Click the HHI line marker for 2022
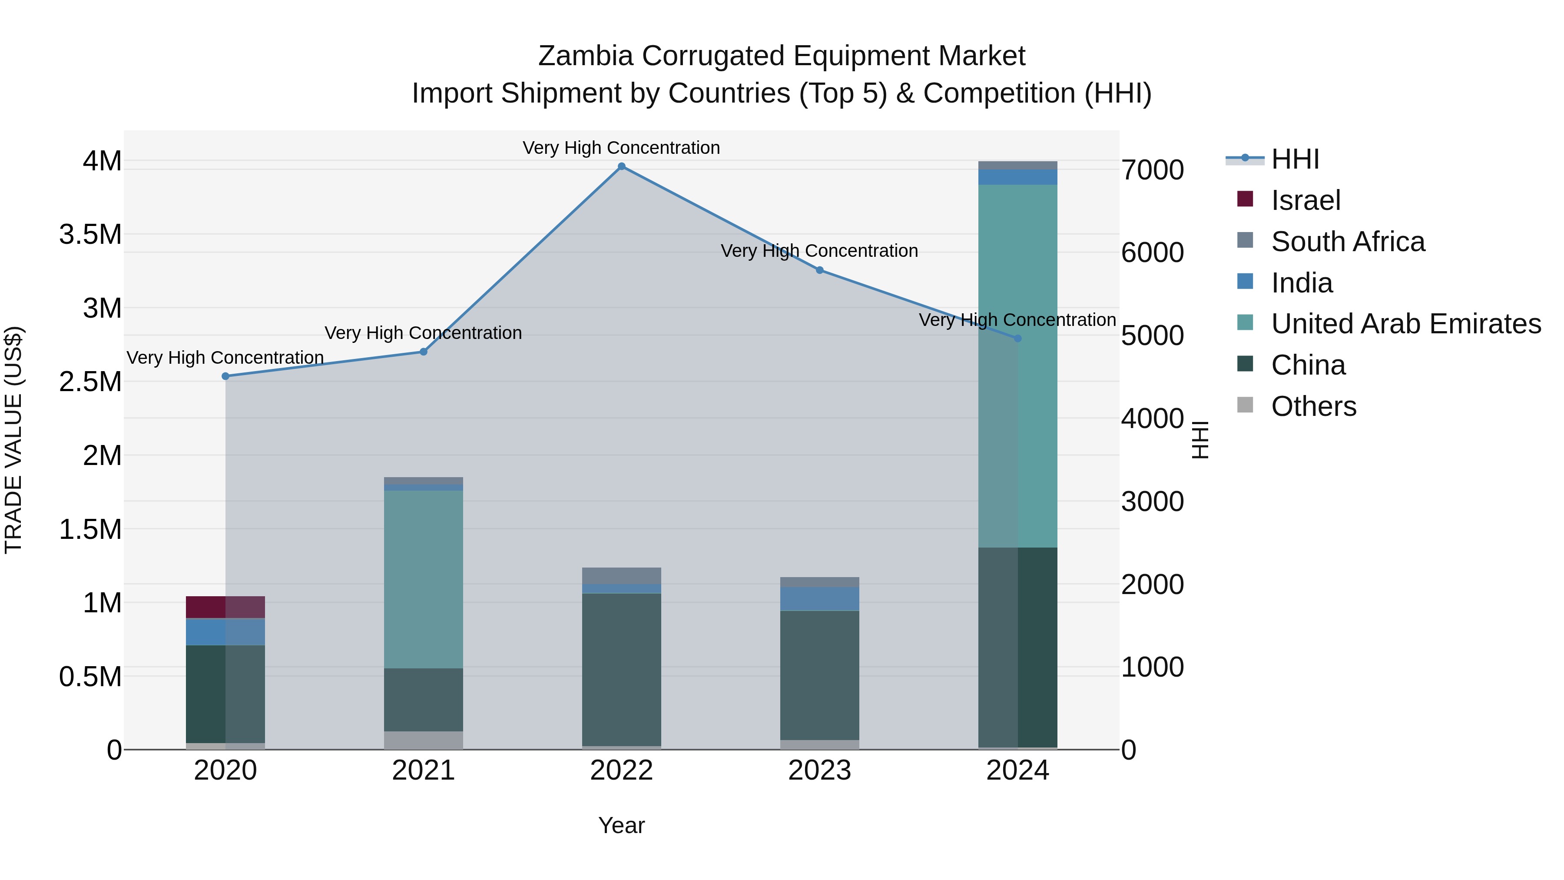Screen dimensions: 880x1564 point(621,166)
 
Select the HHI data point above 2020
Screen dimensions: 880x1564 point(225,376)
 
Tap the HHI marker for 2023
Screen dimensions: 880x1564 point(820,270)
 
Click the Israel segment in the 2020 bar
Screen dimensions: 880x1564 point(225,607)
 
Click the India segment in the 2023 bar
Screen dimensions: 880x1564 point(820,598)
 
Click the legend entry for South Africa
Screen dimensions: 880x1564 point(1347,242)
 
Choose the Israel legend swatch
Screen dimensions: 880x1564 point(1245,199)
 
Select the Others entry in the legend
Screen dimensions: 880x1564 point(1313,406)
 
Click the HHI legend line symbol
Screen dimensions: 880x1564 point(1245,159)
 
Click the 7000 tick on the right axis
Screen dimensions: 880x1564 point(1152,171)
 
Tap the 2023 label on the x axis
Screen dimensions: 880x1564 point(820,770)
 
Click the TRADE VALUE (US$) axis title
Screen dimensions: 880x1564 point(13,440)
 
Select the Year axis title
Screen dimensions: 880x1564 point(621,825)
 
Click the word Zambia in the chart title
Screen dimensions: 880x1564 point(585,56)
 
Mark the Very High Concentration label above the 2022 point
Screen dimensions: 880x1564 point(621,148)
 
